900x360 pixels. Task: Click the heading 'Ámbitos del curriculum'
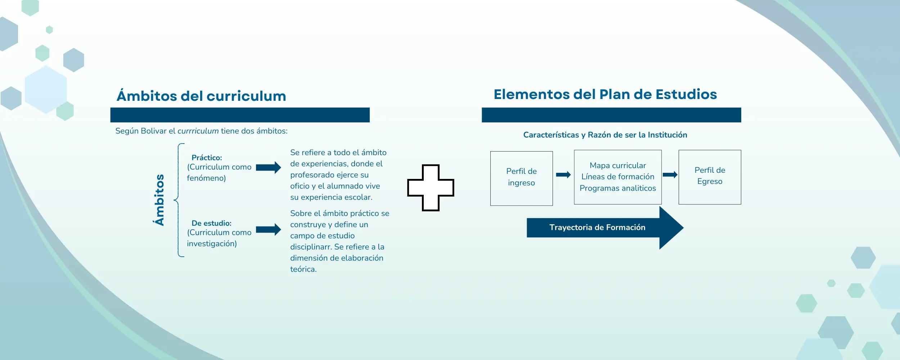tap(201, 96)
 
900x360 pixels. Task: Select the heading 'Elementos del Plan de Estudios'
tap(605, 94)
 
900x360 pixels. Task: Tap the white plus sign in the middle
tap(431, 188)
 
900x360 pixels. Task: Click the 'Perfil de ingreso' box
tap(521, 178)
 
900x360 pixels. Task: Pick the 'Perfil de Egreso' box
tap(710, 177)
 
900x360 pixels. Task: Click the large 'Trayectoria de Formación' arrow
tap(605, 228)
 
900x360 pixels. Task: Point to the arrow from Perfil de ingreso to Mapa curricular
tap(563, 175)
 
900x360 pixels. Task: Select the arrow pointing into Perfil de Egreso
tap(670, 175)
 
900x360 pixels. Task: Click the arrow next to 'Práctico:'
tap(268, 167)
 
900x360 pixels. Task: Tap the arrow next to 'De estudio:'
tap(268, 229)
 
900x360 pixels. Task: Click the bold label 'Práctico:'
tap(207, 158)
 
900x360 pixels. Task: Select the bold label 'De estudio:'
tap(211, 223)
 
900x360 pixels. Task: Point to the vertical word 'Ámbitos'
tap(159, 200)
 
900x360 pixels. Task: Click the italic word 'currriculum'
tap(198, 131)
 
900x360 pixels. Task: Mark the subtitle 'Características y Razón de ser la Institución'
tap(605, 135)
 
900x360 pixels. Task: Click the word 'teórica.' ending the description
tap(303, 269)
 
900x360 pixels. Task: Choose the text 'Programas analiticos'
tap(618, 188)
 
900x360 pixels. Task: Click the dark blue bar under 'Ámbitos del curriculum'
tap(240, 115)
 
